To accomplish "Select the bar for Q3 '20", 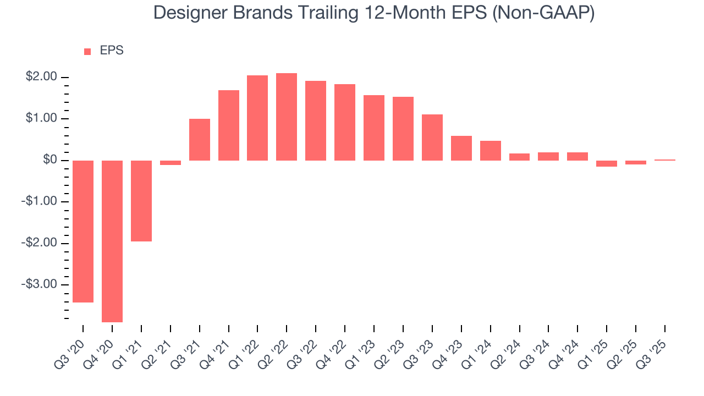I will (83, 231).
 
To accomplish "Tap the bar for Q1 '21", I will (141, 201).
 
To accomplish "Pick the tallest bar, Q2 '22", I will (287, 117).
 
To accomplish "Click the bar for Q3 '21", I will (200, 140).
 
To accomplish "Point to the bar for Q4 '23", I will (461, 148).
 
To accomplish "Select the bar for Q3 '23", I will (432, 137).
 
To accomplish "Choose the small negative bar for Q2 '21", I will (170, 163).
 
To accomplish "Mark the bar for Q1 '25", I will (607, 163).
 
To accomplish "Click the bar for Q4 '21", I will (229, 125).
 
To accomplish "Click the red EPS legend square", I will (87, 52).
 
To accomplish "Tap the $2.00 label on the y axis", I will (41, 77).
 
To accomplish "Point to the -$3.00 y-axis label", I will (40, 284).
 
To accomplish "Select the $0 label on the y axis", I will (50, 160).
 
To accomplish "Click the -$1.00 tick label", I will (40, 201).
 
